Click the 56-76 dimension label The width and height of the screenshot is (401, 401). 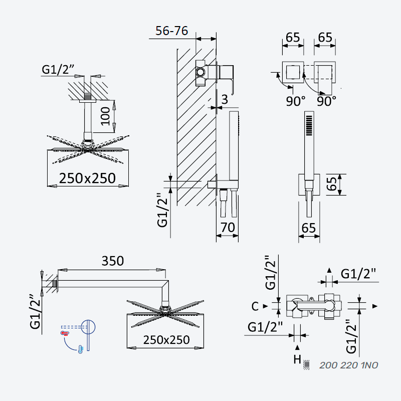coord(171,31)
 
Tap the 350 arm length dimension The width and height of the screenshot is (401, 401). coord(113,261)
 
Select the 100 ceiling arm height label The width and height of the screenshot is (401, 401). coord(105,116)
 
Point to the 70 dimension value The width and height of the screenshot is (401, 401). coord(228,228)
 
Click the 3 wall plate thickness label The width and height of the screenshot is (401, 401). coord(225,99)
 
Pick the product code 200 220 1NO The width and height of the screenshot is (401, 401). coord(349,365)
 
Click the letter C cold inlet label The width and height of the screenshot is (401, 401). coord(255,306)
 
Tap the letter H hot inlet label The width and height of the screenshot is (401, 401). coord(297,359)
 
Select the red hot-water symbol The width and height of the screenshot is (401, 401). coord(65,333)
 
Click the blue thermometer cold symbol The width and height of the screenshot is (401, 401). coord(81,349)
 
